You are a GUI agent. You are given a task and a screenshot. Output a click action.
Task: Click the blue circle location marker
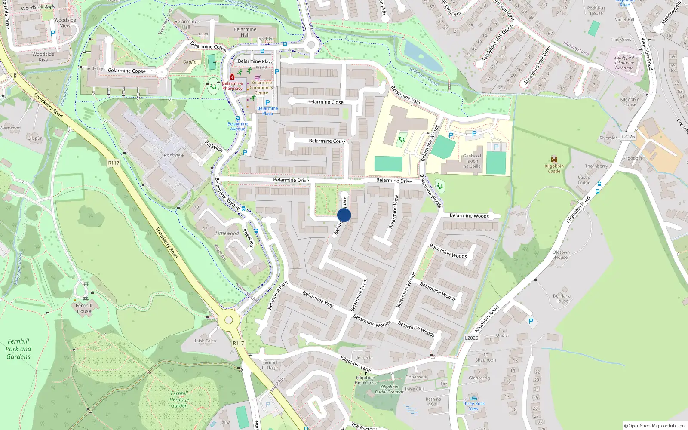[344, 215]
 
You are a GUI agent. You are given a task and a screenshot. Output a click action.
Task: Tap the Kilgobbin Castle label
[554, 169]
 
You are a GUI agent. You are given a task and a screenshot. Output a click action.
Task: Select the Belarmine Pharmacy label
[232, 86]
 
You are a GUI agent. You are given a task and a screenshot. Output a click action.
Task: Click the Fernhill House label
[84, 308]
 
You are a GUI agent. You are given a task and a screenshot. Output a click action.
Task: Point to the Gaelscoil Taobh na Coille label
[472, 161]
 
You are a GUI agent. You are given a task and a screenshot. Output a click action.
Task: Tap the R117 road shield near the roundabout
[238, 343]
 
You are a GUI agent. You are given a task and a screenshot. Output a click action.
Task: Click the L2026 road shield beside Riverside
[628, 137]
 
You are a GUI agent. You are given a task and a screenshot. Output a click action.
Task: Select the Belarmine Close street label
[325, 102]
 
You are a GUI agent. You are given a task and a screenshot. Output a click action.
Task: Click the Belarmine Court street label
[327, 141]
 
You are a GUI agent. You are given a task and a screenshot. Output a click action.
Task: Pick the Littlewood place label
[227, 233]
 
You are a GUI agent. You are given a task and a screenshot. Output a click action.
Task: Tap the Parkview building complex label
[174, 155]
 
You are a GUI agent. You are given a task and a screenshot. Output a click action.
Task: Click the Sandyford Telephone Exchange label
[624, 63]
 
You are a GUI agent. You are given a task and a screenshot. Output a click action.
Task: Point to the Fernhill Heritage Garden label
[179, 399]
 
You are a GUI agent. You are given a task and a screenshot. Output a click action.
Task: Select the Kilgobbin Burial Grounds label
[389, 390]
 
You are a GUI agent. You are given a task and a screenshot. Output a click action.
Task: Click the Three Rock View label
[473, 406]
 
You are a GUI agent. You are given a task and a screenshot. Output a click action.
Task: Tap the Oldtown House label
[561, 255]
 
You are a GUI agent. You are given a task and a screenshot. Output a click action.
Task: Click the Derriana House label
[562, 298]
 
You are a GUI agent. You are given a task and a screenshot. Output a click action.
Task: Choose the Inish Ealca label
[205, 341]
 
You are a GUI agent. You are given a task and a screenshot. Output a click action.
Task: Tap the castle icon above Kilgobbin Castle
[554, 159]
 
